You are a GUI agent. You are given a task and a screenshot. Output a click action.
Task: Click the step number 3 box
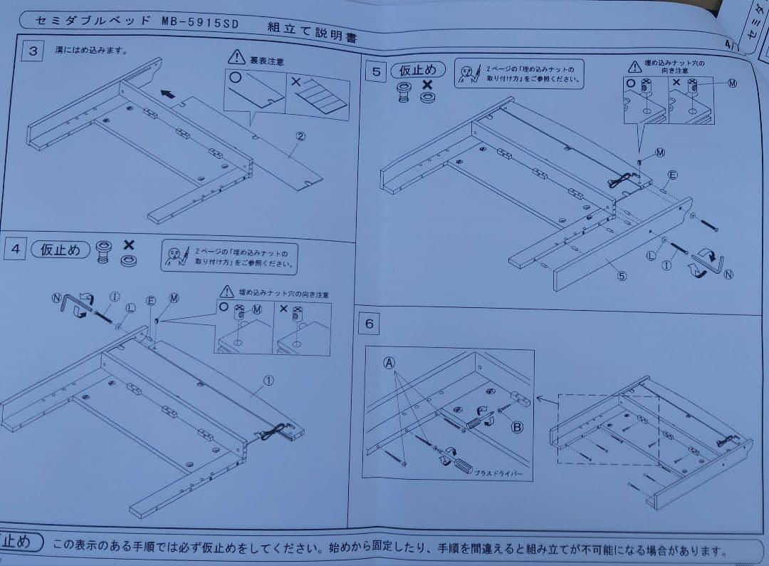pos(33,51)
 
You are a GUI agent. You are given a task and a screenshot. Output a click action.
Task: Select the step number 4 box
pos(16,249)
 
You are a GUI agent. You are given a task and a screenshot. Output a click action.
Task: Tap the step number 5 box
pos(377,71)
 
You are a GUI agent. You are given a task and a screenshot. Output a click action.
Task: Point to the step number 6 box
pos(369,324)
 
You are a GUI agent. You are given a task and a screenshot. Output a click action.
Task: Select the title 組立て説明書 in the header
pos(313,31)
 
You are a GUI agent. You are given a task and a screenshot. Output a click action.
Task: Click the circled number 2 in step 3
pos(300,136)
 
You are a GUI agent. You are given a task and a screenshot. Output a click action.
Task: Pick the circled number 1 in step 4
pos(268,381)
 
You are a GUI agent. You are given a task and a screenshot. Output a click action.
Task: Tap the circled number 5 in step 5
pos(621,277)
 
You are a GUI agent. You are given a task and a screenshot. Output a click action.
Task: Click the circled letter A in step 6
pos(389,362)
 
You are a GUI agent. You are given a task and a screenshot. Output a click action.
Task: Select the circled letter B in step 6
pos(518,428)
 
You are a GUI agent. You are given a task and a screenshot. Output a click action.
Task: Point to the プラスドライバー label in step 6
pos(498,474)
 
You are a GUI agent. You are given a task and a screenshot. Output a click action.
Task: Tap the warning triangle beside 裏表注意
pos(235,58)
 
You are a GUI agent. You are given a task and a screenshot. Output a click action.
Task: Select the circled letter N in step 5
pos(728,276)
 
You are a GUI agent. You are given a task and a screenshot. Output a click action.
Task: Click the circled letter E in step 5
pos(672,175)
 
